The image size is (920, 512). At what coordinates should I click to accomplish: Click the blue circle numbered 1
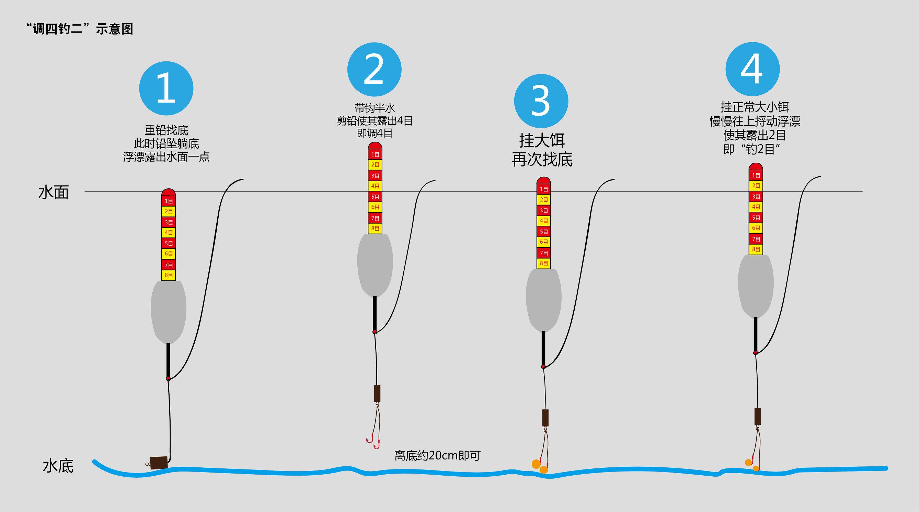click(x=166, y=89)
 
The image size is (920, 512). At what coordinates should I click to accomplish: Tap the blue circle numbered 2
click(x=374, y=69)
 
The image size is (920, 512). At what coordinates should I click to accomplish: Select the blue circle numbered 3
click(x=541, y=101)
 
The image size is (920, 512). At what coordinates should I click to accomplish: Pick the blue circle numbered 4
click(x=752, y=69)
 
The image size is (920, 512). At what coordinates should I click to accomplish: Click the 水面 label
click(x=54, y=193)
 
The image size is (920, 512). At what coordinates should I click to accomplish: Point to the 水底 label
click(x=58, y=466)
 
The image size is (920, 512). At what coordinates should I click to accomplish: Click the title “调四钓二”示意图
click(x=80, y=28)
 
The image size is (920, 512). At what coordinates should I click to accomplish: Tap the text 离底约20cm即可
click(x=437, y=456)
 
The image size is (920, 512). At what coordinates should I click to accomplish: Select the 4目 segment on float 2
click(x=375, y=186)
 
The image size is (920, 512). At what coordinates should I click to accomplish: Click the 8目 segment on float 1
click(x=169, y=275)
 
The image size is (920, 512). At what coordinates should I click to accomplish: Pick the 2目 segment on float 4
click(x=756, y=186)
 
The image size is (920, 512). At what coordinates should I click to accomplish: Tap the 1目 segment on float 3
click(x=543, y=189)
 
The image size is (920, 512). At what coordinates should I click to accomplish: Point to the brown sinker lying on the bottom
click(x=159, y=463)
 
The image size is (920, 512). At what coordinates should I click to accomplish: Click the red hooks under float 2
click(x=373, y=443)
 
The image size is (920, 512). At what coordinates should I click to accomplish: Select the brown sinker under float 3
click(x=545, y=418)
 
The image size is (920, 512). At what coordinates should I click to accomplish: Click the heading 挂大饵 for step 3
click(x=542, y=140)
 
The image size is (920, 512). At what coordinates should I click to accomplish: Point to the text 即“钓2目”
click(x=751, y=149)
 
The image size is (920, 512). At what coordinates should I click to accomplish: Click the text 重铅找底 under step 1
click(x=166, y=130)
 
